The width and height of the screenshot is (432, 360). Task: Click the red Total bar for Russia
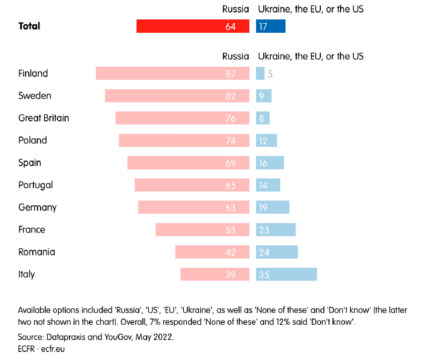tap(192, 26)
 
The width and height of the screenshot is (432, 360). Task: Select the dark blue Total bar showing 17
tap(271, 26)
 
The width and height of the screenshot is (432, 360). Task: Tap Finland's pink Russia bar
tap(172, 73)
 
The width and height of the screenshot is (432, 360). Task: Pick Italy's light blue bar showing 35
tap(286, 274)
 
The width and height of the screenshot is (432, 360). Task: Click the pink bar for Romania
tap(212, 252)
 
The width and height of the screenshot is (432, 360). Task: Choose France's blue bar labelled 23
tap(275, 229)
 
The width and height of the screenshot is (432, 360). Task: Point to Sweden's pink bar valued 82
tap(177, 96)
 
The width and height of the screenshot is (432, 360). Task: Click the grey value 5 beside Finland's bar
tap(271, 73)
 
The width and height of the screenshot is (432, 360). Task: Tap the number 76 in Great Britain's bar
tap(231, 118)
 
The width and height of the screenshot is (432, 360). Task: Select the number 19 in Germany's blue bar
tap(263, 208)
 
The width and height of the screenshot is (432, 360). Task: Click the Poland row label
tap(33, 140)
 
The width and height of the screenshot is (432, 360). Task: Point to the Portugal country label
tap(36, 185)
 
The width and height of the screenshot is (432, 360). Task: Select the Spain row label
tap(30, 163)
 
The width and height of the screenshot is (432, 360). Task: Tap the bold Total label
tap(29, 26)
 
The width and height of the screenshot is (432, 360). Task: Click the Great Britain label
tap(44, 118)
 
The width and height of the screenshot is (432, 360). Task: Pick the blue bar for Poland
tap(266, 140)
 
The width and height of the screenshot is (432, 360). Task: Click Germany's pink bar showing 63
tap(194, 208)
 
